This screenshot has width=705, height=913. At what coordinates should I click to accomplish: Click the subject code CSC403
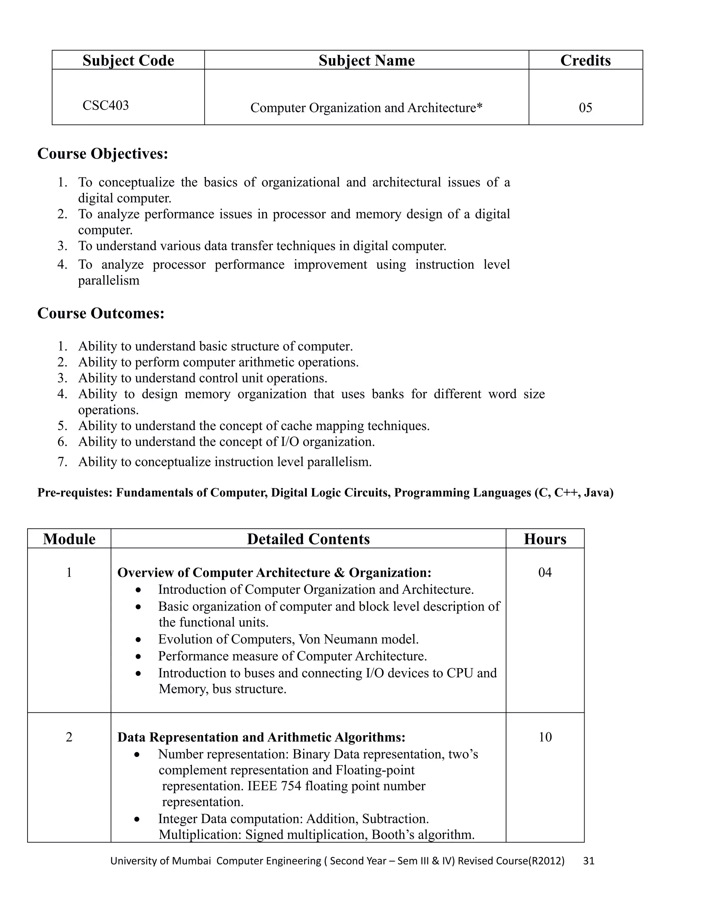point(105,105)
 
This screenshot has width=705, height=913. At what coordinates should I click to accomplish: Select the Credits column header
point(585,61)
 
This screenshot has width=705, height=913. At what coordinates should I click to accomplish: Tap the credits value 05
point(585,108)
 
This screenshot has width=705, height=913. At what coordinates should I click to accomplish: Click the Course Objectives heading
point(103,154)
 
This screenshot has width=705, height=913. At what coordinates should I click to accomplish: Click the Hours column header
point(545,539)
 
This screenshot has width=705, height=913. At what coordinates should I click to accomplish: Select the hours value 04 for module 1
point(545,572)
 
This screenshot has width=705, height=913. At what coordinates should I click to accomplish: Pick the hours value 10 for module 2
point(545,737)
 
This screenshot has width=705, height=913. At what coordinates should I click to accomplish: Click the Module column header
point(69,539)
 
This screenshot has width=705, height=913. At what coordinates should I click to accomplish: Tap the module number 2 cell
point(69,737)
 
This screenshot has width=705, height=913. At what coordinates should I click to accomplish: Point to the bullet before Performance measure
point(138,657)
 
